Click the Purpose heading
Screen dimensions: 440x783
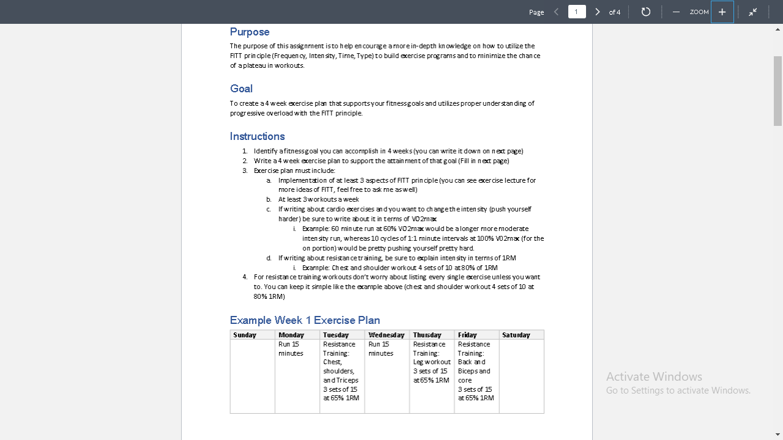click(250, 32)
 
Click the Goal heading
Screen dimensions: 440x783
click(241, 89)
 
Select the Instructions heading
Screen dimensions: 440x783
click(257, 136)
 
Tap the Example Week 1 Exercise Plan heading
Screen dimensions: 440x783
click(305, 320)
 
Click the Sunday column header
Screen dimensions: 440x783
click(245, 335)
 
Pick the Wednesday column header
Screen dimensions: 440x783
click(386, 335)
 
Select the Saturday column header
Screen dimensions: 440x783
click(516, 335)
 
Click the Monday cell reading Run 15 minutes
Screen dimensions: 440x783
click(291, 349)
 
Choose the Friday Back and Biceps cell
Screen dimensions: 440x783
click(475, 371)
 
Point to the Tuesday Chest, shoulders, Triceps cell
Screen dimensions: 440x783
click(341, 371)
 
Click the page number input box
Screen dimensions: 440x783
click(576, 12)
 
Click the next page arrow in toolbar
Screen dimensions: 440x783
click(598, 12)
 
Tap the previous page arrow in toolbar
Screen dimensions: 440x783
click(556, 12)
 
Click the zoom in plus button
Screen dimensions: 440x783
click(722, 12)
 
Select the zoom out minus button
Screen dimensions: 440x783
click(676, 12)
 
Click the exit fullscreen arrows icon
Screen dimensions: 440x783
click(753, 12)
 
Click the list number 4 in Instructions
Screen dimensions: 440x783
click(245, 277)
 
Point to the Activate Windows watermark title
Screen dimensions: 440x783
click(654, 376)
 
